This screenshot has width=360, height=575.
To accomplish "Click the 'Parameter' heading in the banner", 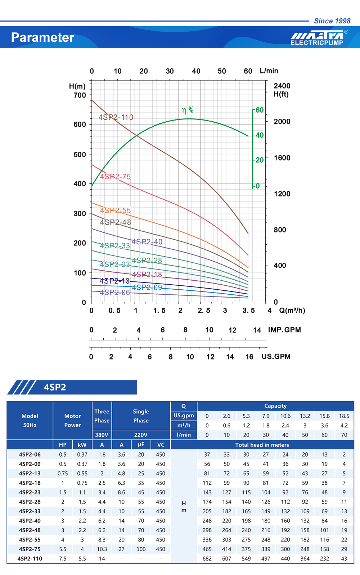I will [x=42, y=37].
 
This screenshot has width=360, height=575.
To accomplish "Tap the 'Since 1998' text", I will [x=332, y=21].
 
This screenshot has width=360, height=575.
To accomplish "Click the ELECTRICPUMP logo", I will [x=317, y=38].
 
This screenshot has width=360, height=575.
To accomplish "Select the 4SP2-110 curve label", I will [x=116, y=117].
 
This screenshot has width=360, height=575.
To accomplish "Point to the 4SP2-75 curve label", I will [x=115, y=177].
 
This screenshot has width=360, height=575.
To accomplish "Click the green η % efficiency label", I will [x=188, y=110].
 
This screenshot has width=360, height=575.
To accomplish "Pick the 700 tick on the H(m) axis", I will [x=80, y=95].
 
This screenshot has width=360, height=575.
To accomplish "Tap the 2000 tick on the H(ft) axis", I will [x=282, y=122].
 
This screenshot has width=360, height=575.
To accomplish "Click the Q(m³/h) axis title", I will [x=292, y=311].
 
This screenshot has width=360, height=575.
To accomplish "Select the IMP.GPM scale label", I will [x=284, y=330].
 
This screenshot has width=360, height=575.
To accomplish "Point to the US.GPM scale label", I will [x=276, y=357].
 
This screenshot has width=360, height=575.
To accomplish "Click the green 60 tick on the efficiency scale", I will [x=260, y=110].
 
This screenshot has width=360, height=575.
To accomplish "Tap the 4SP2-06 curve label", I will [x=115, y=293].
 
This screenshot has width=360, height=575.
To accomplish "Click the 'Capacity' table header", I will [x=275, y=406].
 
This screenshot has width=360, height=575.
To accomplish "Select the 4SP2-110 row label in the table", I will [x=30, y=558].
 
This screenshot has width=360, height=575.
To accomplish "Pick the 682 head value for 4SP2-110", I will [x=207, y=558].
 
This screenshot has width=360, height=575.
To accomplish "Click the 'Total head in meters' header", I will [x=262, y=445].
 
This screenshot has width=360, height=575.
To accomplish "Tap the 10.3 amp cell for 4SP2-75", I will [x=102, y=549].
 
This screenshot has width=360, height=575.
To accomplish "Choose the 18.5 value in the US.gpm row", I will [x=344, y=416].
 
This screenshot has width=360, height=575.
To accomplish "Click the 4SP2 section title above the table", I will [x=55, y=387].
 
